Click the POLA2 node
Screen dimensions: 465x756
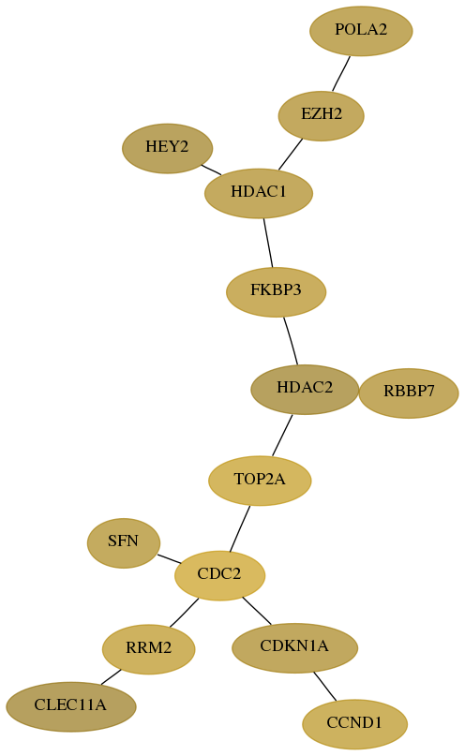coord(361,31)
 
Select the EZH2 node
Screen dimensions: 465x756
coord(322,116)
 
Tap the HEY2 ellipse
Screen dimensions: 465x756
coord(168,148)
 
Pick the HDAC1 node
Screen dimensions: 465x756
coord(259,193)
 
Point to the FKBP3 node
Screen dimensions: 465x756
coord(276,291)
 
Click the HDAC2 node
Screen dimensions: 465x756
coord(305,389)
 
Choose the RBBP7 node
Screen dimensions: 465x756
coord(409,393)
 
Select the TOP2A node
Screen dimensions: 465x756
coord(260,481)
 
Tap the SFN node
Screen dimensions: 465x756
coord(124,543)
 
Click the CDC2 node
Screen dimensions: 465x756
coord(219,575)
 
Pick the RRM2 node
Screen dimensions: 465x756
coord(148,649)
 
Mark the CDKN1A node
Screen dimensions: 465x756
coord(294,647)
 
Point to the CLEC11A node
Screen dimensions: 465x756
coord(71,706)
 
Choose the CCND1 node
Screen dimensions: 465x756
coord(354,724)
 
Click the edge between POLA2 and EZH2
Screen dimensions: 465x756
coord(341,73)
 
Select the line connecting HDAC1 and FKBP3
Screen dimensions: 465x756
coord(268,243)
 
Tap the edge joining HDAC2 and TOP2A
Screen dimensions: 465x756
coord(282,435)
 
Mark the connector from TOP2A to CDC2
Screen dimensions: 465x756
coord(240,528)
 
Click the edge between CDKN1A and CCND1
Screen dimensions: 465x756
coord(324,686)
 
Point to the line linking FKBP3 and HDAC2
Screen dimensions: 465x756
coord(291,340)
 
